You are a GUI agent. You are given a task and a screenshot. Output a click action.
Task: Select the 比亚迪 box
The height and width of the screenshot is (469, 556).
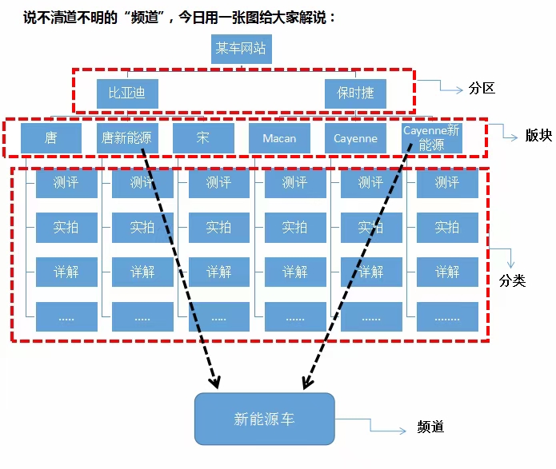[x=127, y=93]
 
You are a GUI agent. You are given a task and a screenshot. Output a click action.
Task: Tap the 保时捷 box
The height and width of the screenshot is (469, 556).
[x=355, y=93]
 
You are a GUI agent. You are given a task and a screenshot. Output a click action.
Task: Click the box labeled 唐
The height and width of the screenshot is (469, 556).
[x=51, y=137]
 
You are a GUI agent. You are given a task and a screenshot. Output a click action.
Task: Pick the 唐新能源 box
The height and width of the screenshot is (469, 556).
[x=127, y=137]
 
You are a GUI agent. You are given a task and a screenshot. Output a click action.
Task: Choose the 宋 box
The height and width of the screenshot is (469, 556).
[x=203, y=137]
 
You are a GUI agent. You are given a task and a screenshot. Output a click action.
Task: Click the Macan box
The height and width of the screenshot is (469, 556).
[x=279, y=137]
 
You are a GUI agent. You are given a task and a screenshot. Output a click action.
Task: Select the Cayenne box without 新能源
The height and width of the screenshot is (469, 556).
[x=355, y=137]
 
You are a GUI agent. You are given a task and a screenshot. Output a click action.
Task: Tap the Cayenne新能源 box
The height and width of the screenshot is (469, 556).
[x=432, y=137]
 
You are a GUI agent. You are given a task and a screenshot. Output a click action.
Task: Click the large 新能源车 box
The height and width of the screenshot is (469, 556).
[x=264, y=419]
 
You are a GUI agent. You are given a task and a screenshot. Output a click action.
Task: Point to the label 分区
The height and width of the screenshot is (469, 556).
[x=482, y=88]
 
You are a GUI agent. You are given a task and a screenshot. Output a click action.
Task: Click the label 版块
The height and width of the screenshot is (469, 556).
[x=538, y=135]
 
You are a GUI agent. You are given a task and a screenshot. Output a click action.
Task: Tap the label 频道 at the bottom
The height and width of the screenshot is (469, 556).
[x=430, y=427]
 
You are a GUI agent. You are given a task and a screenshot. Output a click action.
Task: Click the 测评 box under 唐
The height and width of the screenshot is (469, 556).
[x=66, y=183]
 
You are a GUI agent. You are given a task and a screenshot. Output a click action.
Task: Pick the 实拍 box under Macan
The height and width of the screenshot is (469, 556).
[x=294, y=228]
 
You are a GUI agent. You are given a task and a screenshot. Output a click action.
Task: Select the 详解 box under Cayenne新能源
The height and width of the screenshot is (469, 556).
[x=447, y=272]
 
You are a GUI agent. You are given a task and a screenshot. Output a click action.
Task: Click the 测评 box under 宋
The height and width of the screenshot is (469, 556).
[x=218, y=183]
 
